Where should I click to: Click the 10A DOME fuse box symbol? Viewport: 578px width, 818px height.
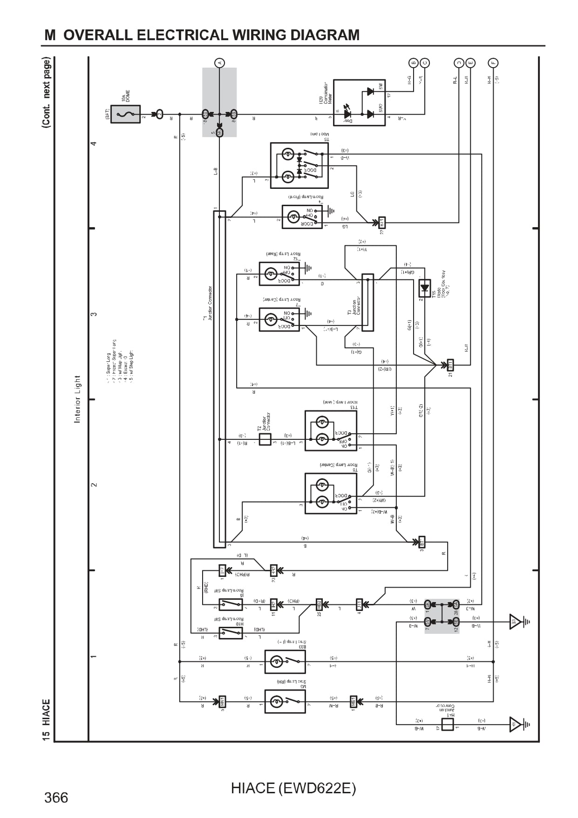click(x=125, y=114)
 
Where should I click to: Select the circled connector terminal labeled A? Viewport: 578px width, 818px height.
click(x=219, y=62)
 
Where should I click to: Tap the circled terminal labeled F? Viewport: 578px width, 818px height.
click(x=493, y=62)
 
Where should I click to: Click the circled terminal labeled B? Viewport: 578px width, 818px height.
click(x=413, y=62)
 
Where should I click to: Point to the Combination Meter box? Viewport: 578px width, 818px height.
click(x=359, y=103)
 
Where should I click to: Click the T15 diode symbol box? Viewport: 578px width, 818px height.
click(x=424, y=288)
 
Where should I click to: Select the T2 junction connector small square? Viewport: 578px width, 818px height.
click(x=265, y=439)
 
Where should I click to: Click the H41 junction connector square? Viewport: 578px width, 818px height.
click(x=447, y=724)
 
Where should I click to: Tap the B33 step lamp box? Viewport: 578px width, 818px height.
click(x=285, y=661)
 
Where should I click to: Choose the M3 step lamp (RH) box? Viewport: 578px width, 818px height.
click(x=285, y=701)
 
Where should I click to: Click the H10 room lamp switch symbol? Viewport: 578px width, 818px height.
click(x=231, y=633)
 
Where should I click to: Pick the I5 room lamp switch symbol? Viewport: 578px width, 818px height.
click(x=231, y=604)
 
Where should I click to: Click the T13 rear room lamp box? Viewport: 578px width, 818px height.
click(x=331, y=430)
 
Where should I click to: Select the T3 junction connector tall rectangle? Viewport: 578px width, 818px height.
click(x=367, y=302)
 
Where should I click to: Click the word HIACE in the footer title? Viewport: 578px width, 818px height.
click(x=253, y=788)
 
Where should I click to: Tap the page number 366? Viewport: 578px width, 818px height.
click(x=56, y=798)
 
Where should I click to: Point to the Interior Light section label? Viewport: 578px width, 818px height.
click(x=77, y=399)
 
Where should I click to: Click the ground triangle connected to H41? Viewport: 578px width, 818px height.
click(x=515, y=724)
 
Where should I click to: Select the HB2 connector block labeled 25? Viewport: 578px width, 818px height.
click(x=319, y=604)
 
